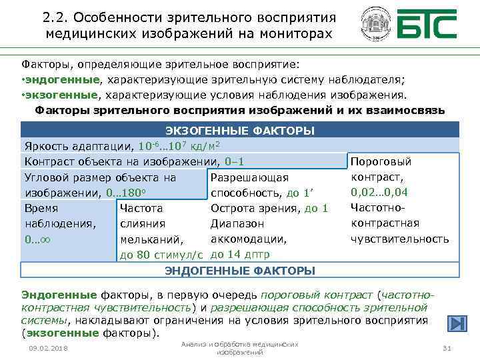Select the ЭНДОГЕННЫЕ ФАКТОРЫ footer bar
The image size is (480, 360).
pyautogui.click(x=240, y=270)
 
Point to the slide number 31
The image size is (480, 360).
pyautogui.click(x=447, y=349)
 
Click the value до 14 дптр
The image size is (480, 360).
pyautogui.click(x=239, y=254)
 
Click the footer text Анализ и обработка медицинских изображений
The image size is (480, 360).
pyautogui.click(x=239, y=347)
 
